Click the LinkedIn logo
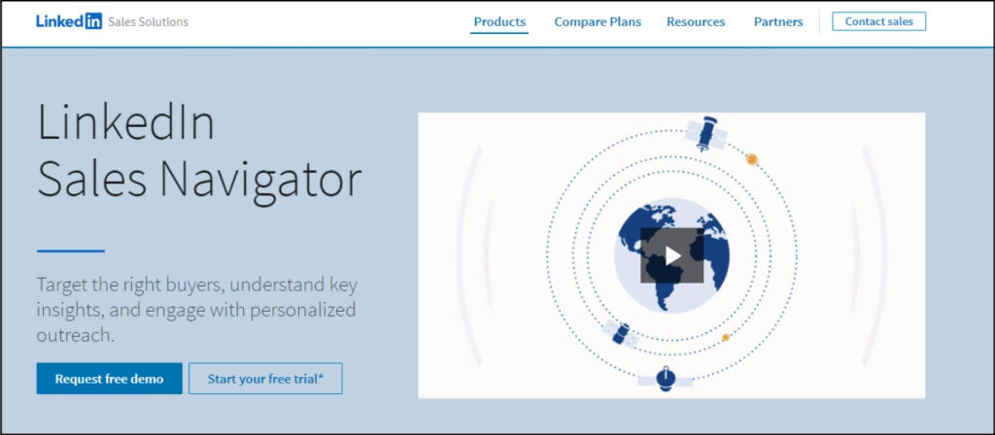tap(69, 21)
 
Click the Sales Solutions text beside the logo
tap(149, 21)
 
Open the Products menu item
tap(499, 22)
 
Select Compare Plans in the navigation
tap(598, 22)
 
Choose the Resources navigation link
tap(696, 22)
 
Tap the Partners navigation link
tap(778, 22)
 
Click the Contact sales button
tap(878, 21)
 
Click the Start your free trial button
tap(265, 379)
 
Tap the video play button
tap(672, 255)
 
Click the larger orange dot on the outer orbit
tap(752, 159)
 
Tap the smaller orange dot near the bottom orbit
tap(725, 337)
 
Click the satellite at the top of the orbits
tap(706, 133)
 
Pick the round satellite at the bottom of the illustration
tap(665, 380)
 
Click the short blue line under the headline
tap(70, 251)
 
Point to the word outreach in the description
tap(76, 335)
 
